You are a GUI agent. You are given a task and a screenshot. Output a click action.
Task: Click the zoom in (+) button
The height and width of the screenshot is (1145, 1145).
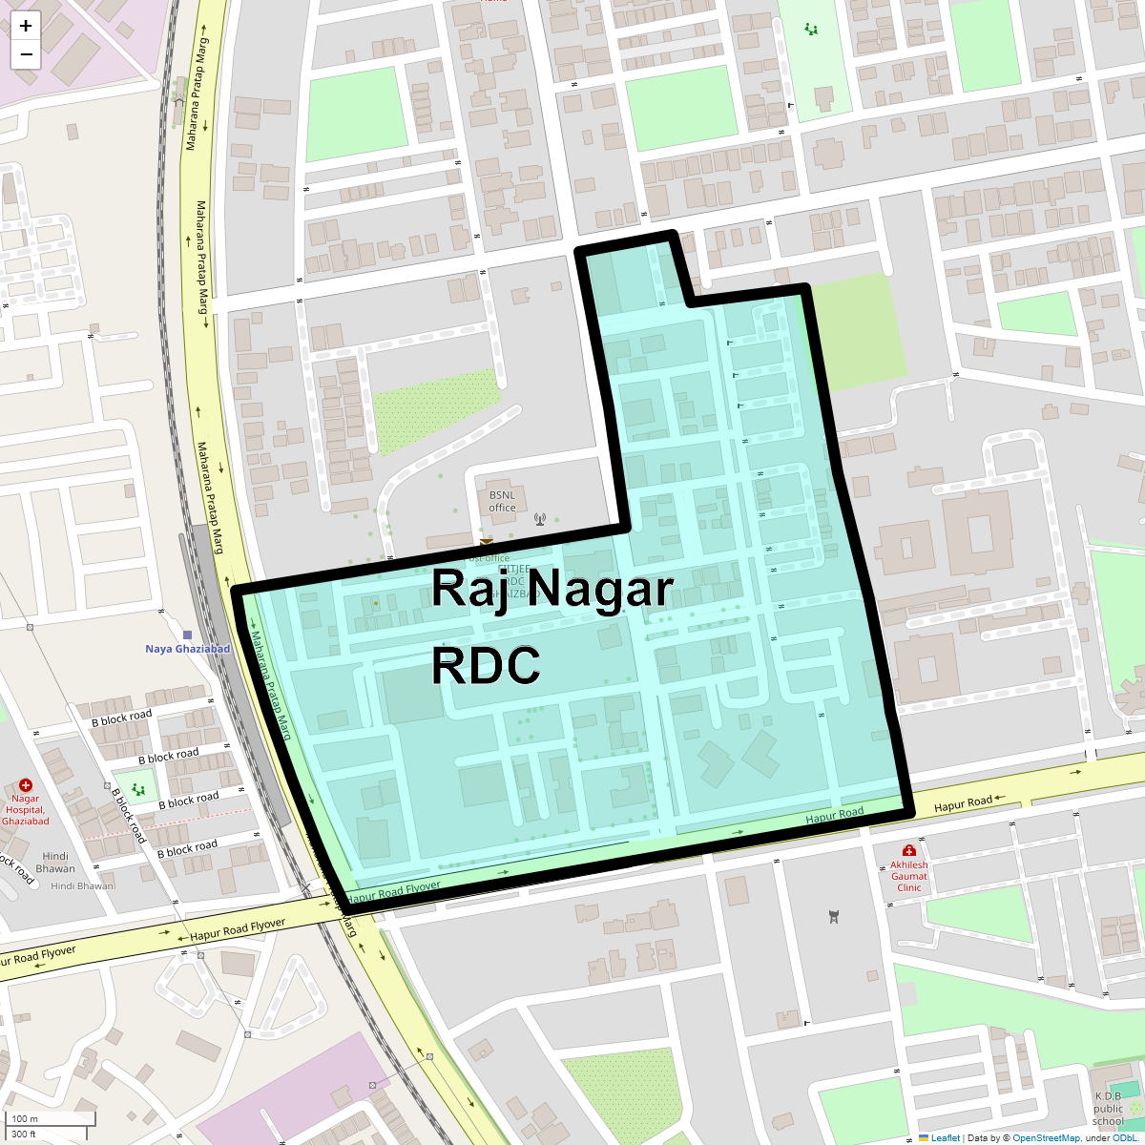point(26,26)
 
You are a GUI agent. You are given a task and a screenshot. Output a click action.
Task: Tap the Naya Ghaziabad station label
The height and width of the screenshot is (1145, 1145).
point(187,649)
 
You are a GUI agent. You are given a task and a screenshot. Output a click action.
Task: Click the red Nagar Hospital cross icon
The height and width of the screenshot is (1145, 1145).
point(26,784)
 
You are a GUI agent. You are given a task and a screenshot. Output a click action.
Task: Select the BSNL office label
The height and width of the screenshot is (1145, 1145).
point(502,501)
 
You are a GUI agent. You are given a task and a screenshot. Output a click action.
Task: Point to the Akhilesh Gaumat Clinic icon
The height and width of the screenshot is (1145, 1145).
point(909,850)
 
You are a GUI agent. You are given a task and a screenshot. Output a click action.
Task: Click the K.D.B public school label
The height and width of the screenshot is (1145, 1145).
point(1108,1109)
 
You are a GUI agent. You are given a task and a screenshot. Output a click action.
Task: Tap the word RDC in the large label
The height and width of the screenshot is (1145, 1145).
point(486,665)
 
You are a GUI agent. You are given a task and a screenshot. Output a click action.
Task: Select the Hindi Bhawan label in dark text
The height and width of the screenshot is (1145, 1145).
point(55,862)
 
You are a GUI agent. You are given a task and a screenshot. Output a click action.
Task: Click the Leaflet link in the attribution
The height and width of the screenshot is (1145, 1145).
point(945,1137)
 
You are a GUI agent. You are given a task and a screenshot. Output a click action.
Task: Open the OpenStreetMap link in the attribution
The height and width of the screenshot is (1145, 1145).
point(1046,1137)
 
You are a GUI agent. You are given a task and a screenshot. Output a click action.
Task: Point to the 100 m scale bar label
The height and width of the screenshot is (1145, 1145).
point(26,1118)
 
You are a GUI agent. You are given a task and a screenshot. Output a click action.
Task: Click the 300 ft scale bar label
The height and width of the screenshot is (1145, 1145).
point(24,1134)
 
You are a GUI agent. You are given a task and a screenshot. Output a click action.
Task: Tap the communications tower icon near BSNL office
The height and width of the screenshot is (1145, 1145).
point(540,520)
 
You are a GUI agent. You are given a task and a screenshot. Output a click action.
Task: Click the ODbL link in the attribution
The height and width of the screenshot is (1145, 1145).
point(1124,1137)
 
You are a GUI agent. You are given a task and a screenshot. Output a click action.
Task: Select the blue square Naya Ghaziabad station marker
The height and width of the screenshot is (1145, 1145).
point(187,635)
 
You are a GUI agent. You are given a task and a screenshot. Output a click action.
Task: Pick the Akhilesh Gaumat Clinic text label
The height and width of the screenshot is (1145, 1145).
point(909,876)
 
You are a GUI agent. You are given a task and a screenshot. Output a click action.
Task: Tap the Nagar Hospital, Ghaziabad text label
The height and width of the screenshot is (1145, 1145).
point(26,810)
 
